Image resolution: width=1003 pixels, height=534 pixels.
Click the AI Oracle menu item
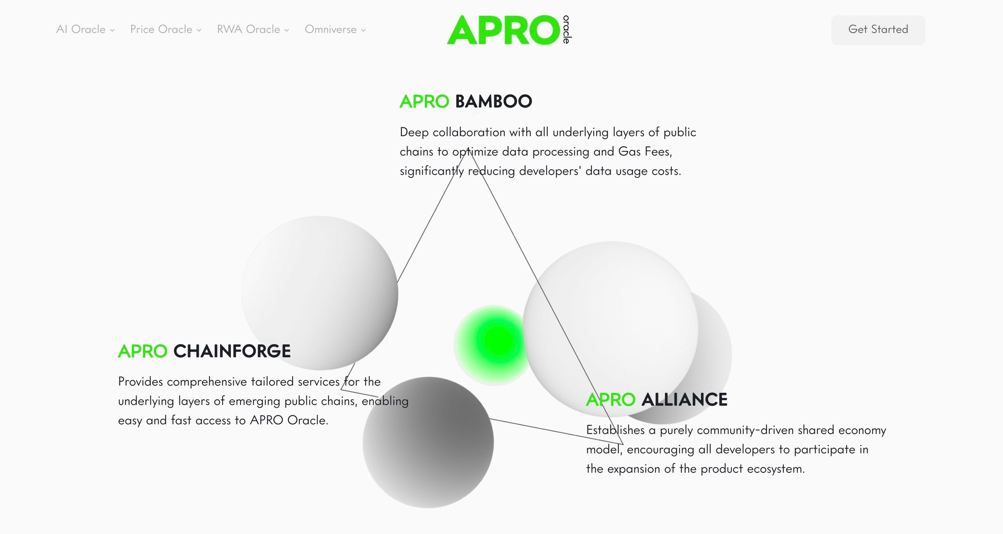pos(85,30)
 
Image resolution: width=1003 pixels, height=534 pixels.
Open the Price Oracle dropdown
pos(165,30)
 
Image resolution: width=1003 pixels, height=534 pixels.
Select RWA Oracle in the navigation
pos(253,30)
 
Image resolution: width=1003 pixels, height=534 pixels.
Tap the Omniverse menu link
pos(335,30)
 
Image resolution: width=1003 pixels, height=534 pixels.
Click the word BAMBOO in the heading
pos(493,102)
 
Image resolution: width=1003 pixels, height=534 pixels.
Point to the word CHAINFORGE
pos(232,351)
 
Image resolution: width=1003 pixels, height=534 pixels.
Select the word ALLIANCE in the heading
pos(684,400)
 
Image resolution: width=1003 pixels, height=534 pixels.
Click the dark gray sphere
pos(428,443)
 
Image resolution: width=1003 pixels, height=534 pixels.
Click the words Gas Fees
pos(645,152)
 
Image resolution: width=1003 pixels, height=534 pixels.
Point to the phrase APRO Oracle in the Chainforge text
pos(289,420)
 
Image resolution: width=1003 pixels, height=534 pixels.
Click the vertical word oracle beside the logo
pos(567,30)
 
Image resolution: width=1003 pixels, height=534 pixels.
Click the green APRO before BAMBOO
pos(424,102)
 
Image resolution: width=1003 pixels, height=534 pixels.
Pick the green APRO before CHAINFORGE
pos(143,351)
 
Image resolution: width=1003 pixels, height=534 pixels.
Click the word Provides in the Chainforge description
pos(140,382)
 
